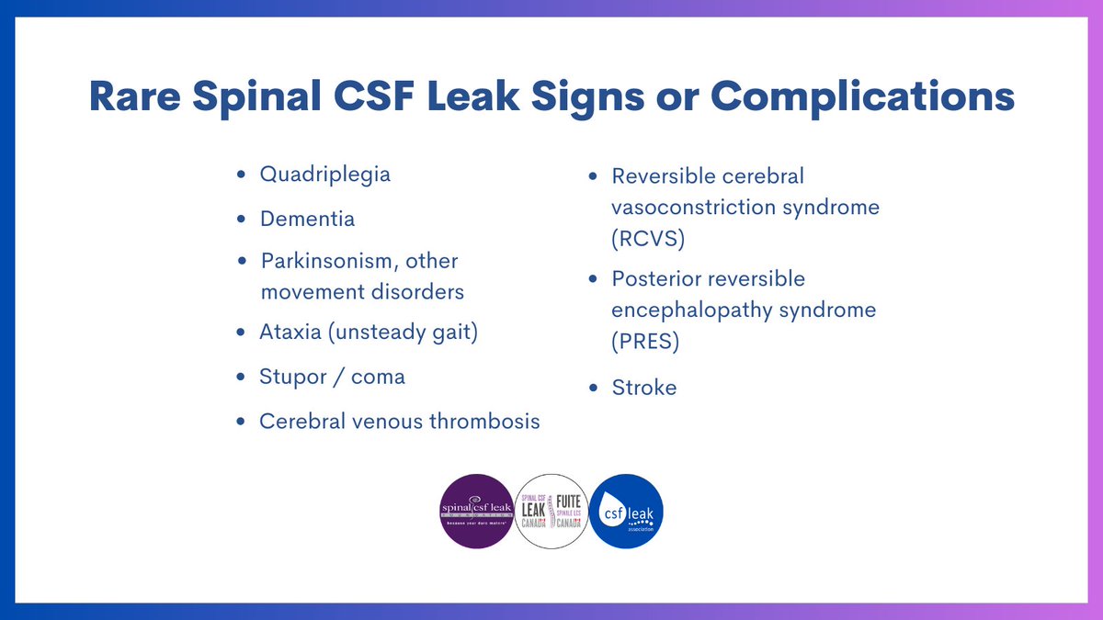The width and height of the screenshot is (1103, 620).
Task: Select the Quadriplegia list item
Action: point(324,174)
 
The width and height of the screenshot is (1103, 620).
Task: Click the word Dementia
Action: point(307,220)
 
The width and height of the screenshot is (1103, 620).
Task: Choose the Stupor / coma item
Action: point(332,377)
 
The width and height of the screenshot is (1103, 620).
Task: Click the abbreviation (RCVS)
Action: point(648,239)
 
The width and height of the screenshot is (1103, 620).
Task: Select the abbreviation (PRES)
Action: point(645,342)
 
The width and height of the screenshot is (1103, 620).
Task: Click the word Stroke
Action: point(643,388)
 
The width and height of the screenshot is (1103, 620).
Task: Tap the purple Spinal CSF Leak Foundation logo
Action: point(476,511)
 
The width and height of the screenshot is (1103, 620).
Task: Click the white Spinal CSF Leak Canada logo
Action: point(551,511)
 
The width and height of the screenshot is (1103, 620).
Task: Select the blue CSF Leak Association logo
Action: point(626,511)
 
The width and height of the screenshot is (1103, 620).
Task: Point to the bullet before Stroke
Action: point(593,388)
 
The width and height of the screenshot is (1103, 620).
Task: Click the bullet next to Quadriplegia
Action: point(241,174)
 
